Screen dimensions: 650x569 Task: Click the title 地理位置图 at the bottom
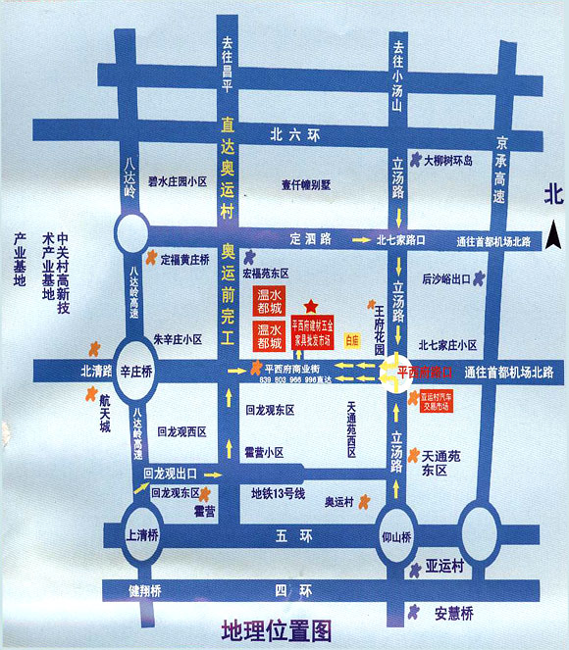[x=278, y=628]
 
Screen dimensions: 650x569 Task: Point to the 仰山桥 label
[x=398, y=536]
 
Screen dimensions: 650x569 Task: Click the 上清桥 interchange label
[x=142, y=536]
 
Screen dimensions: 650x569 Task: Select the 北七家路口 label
[x=402, y=239]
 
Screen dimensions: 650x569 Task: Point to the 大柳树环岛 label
[x=449, y=160]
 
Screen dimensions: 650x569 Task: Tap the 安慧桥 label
[x=454, y=614]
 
